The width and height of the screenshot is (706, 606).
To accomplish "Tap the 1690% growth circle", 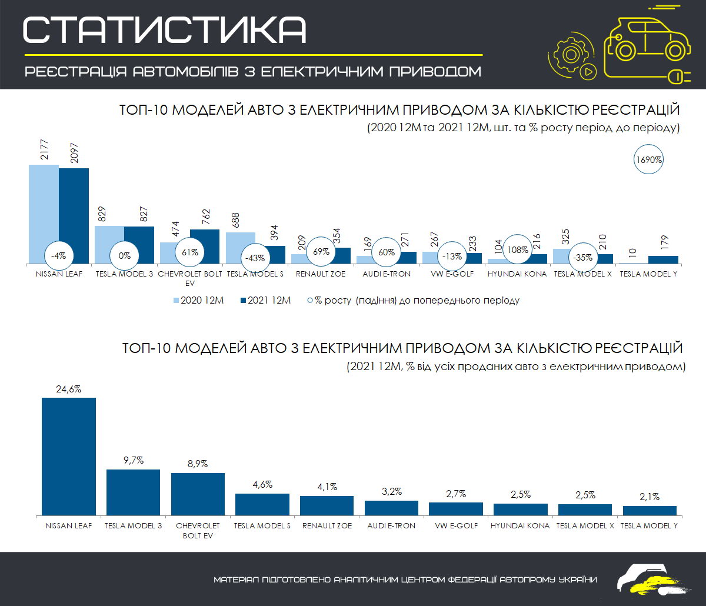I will point(649,159).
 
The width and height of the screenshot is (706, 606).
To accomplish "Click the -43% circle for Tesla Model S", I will point(257,257).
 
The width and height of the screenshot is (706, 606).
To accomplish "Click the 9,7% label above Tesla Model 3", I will point(133,460).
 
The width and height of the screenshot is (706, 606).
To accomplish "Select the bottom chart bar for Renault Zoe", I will point(327,505).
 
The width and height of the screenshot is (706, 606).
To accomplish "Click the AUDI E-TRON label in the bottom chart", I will point(391,525).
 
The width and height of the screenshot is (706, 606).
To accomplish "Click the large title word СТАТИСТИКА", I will point(165,30).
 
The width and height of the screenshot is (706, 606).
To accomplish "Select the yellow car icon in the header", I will point(647,41).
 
